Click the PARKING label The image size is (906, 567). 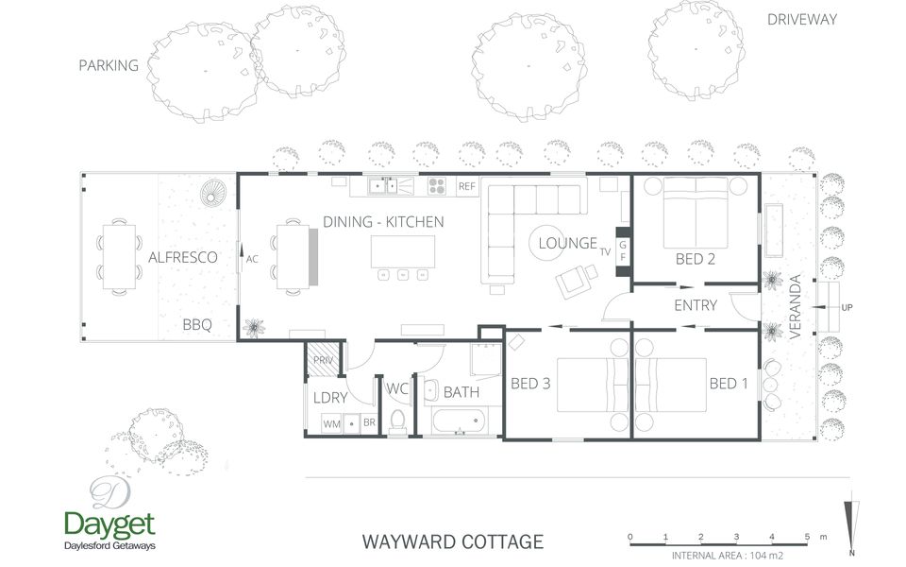tap(109, 65)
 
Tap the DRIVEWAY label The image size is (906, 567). tap(801, 19)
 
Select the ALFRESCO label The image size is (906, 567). tap(183, 257)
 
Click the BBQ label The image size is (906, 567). tap(197, 325)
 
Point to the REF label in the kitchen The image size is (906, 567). tap(467, 187)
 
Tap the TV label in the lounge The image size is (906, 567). tap(605, 251)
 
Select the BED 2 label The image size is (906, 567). tap(695, 258)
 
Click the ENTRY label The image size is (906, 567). tap(696, 305)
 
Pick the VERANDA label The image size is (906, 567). tap(796, 307)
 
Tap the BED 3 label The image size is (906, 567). tap(529, 384)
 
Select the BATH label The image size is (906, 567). tap(461, 391)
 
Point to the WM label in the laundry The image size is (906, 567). tap(331, 424)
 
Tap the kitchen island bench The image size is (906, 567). tap(403, 251)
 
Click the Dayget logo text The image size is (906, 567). tap(109, 524)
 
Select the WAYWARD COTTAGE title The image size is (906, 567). tap(452, 541)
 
